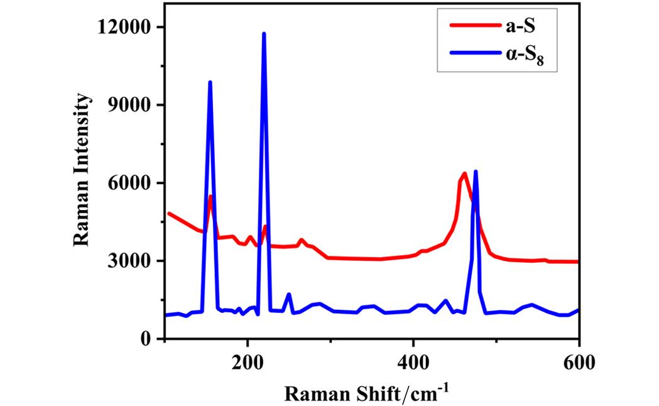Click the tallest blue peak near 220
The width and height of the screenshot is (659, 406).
(x=264, y=34)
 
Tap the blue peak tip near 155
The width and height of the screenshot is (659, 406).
(x=210, y=82)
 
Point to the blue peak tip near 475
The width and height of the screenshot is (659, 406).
(x=476, y=172)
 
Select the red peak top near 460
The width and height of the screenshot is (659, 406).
(x=464, y=173)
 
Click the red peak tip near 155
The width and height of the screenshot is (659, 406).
(x=210, y=196)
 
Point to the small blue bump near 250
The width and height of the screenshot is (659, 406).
(x=288, y=295)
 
